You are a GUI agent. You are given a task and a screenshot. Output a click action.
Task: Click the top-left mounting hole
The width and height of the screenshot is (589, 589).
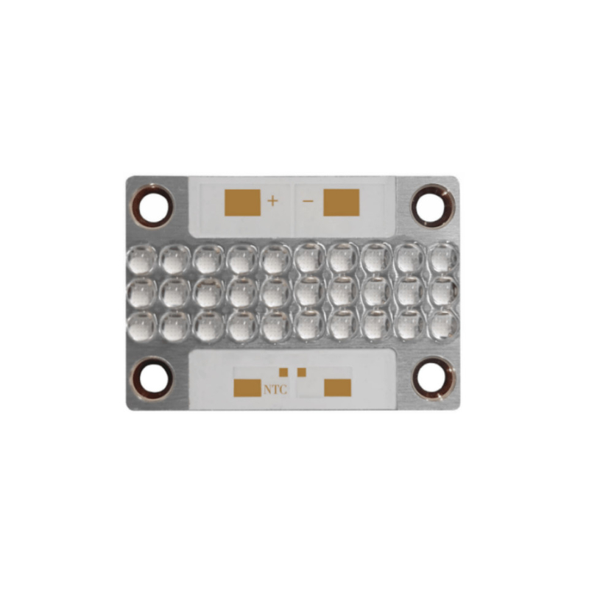tap(153, 206)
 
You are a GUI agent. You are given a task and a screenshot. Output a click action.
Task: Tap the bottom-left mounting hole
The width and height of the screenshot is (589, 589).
tap(153, 378)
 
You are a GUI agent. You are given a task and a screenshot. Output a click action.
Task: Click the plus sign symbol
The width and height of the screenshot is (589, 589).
tap(272, 201)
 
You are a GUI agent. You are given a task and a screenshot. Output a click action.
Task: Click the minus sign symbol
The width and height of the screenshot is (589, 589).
tap(308, 202)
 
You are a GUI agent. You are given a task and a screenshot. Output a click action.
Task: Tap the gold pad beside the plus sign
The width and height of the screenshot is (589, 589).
tap(242, 202)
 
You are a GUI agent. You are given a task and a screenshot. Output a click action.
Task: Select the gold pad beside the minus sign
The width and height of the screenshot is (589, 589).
tap(341, 202)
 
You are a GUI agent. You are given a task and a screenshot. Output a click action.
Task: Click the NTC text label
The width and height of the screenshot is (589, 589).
tap(275, 389)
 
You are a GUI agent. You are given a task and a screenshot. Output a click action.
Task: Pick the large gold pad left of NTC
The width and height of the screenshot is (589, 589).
tap(247, 388)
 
